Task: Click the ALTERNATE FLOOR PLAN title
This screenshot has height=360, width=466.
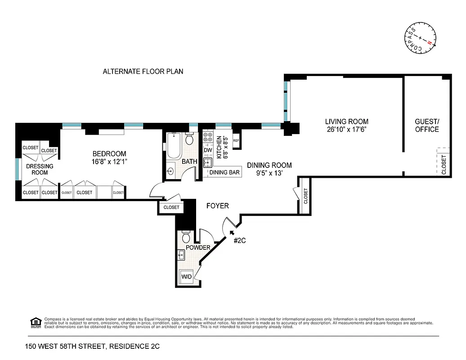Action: pos(143,72)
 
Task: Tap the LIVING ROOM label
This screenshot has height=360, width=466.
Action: pos(347,121)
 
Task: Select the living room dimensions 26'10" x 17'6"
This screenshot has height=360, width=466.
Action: pos(347,130)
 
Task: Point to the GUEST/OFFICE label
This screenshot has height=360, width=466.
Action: pos(427,126)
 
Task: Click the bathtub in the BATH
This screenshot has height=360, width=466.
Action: pos(173,146)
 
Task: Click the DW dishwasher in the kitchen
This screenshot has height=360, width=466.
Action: pos(208,150)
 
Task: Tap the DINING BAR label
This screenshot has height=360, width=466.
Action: pos(224,172)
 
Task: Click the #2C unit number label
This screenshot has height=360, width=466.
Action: pos(240,241)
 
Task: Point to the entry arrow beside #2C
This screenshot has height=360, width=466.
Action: pos(232,233)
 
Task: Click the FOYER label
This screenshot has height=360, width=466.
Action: pos(218,206)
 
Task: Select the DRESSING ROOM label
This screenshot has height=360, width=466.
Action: pos(40,169)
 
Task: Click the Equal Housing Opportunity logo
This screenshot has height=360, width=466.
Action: pos(35,322)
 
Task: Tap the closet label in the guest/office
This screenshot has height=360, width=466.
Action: pos(444,165)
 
